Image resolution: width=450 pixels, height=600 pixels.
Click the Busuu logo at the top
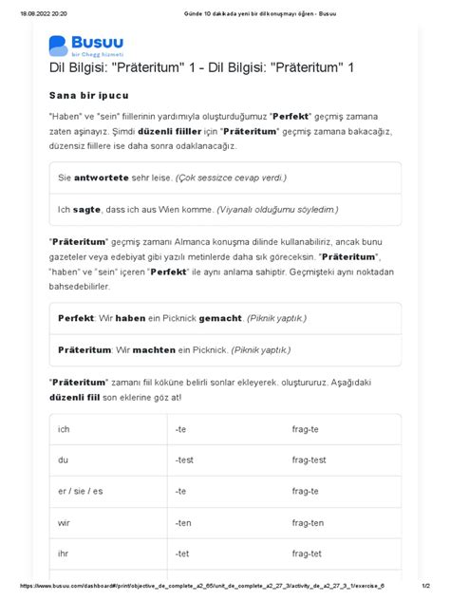pos(85,46)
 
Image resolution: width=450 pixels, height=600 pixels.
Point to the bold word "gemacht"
pos(217,318)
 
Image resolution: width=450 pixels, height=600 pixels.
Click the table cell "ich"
pos(64,429)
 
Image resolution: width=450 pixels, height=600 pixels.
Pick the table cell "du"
pos(63,460)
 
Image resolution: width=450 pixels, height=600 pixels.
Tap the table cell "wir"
pos(64,522)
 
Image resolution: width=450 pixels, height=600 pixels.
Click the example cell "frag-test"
pos(310,460)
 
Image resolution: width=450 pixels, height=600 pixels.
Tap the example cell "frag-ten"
pos(309,522)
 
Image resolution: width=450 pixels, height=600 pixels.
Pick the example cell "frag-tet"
pos(308,553)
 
